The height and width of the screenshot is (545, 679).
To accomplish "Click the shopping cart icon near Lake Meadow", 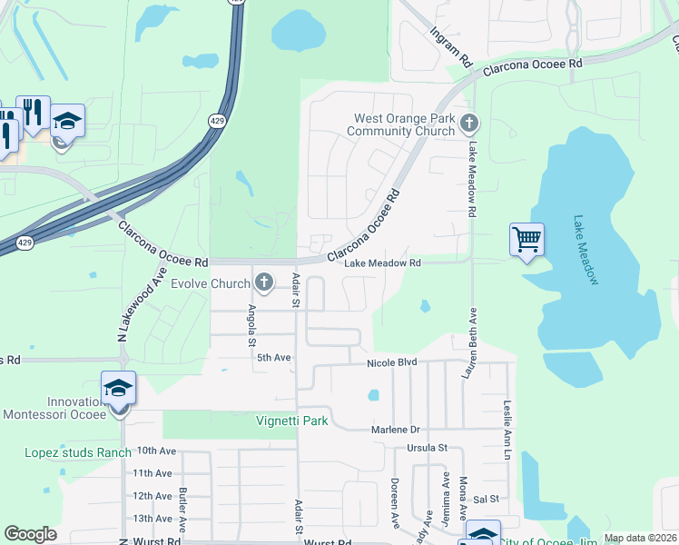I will click(x=526, y=240).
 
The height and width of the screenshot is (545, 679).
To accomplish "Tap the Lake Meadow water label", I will click(x=586, y=250).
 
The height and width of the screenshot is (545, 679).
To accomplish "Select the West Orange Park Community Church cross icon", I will click(x=469, y=124).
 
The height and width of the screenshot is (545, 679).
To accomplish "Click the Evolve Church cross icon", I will click(x=264, y=282).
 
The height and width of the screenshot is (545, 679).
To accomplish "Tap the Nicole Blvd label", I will click(x=391, y=362).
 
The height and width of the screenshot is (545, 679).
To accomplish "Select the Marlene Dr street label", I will click(x=397, y=430).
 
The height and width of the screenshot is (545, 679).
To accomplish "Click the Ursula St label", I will click(x=428, y=448).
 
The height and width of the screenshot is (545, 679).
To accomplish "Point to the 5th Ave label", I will click(x=272, y=358).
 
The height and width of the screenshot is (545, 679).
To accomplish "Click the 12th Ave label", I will click(x=153, y=496).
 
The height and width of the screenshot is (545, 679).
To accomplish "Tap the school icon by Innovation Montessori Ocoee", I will click(x=119, y=389).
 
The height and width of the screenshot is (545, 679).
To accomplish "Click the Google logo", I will click(x=30, y=534).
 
